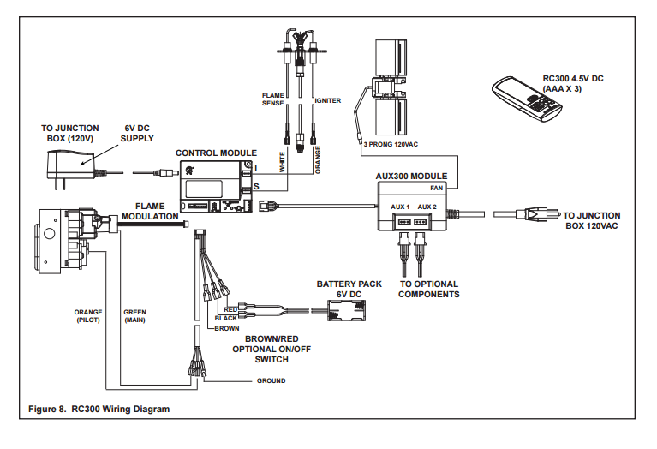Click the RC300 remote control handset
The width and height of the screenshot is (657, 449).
pyautogui.click(x=527, y=99)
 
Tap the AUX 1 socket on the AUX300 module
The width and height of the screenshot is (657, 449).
pyautogui.click(x=404, y=221)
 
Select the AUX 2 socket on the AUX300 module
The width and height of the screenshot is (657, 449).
pyautogui.click(x=420, y=221)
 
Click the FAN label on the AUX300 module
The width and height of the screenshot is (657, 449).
pyautogui.click(x=437, y=189)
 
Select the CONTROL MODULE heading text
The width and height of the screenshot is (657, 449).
pyautogui.click(x=216, y=153)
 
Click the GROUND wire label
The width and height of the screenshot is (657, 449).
pyautogui.click(x=271, y=380)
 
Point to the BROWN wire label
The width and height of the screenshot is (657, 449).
pyautogui.click(x=227, y=329)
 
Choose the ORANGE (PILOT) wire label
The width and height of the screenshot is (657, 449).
pyautogui.click(x=88, y=316)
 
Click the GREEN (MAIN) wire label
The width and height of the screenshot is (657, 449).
pyautogui.click(x=135, y=316)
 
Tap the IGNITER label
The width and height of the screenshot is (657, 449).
pyautogui.click(x=328, y=100)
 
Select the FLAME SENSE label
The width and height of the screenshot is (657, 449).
pyautogui.click(x=273, y=99)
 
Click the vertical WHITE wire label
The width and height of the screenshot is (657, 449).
pyautogui.click(x=282, y=162)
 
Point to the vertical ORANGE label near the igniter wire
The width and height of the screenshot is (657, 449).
pyautogui.click(x=318, y=159)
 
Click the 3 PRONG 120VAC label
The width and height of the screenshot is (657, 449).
pyautogui.click(x=391, y=144)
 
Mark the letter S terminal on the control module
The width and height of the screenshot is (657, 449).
pyautogui.click(x=256, y=187)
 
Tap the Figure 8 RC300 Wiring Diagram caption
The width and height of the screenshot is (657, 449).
pyautogui.click(x=99, y=410)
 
